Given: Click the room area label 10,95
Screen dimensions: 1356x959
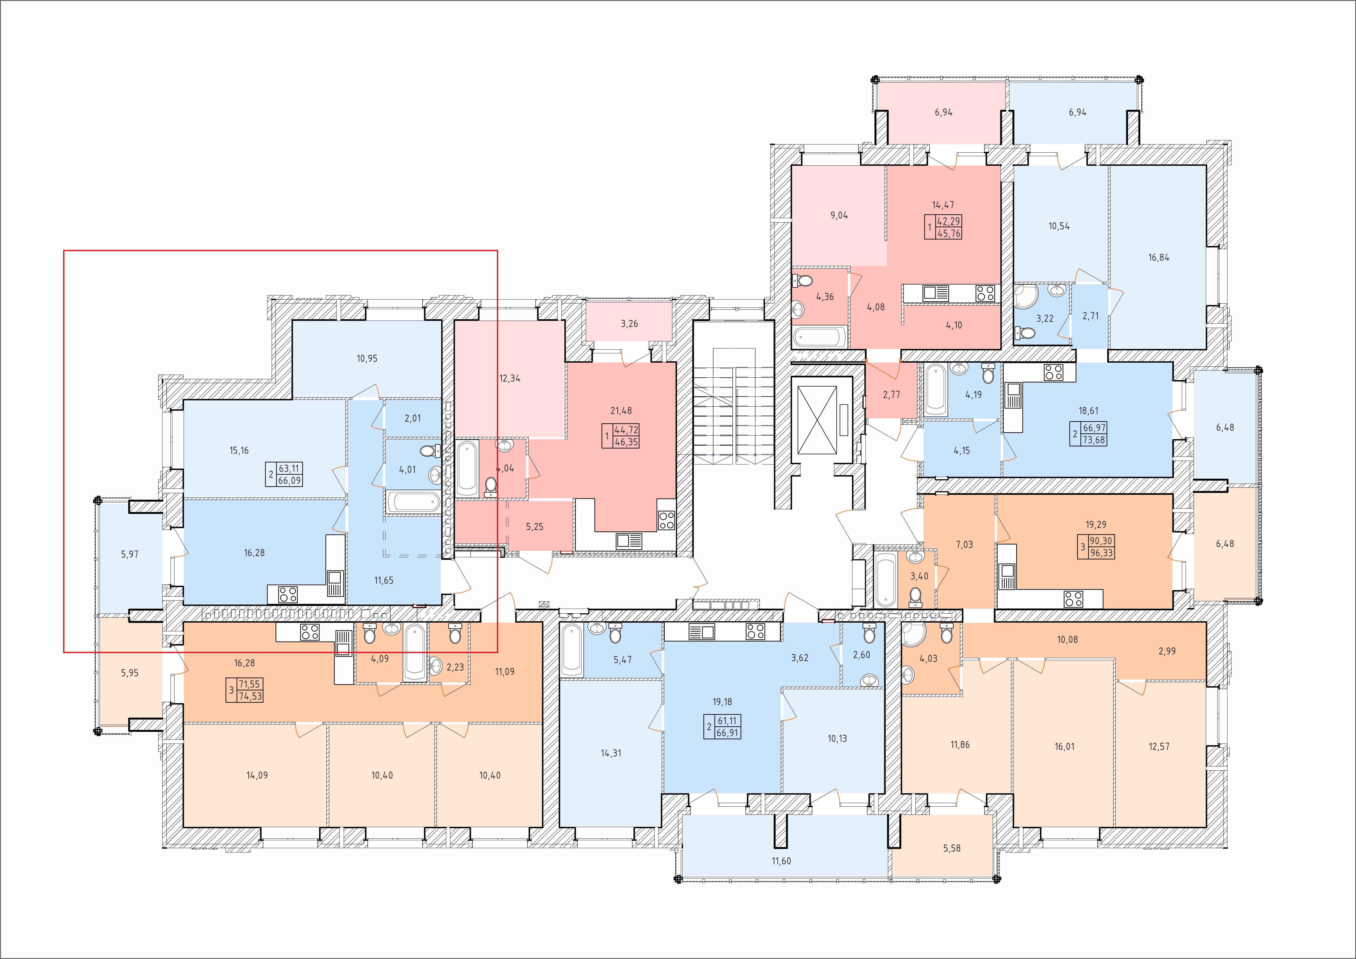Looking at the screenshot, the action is pyautogui.click(x=367, y=359).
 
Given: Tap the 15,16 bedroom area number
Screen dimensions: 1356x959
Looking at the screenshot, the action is pyautogui.click(x=239, y=451).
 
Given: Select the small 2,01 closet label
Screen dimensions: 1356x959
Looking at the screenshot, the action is pyautogui.click(x=413, y=418).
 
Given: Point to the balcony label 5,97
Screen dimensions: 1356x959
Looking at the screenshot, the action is pyautogui.click(x=129, y=555).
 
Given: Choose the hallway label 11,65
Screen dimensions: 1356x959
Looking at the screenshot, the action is pyautogui.click(x=384, y=581).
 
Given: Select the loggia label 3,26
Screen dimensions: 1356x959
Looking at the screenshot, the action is pyautogui.click(x=630, y=324).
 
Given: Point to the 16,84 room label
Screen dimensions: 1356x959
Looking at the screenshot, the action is pyautogui.click(x=1159, y=257).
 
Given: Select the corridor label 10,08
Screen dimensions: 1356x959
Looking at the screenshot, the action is pyautogui.click(x=1067, y=640).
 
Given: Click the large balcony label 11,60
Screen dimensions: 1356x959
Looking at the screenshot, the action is pyautogui.click(x=781, y=861).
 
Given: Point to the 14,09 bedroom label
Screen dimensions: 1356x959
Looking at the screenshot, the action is pyautogui.click(x=257, y=775).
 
